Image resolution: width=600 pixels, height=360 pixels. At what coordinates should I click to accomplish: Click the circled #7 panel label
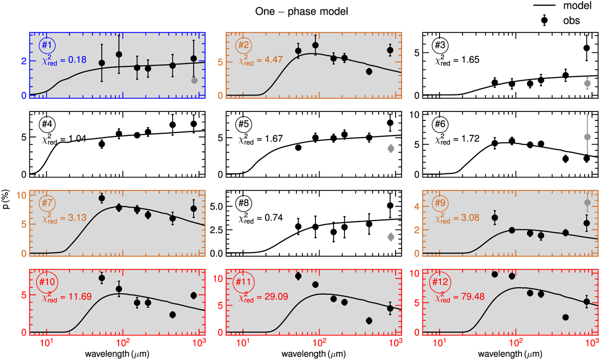47,204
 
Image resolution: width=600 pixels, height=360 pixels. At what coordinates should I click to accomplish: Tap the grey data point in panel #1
194,80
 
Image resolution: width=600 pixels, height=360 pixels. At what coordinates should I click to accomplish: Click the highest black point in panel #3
586,48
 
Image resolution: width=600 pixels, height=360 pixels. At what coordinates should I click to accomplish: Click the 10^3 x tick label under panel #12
590,343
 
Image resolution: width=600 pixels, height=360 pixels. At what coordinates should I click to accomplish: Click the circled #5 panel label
243,125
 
